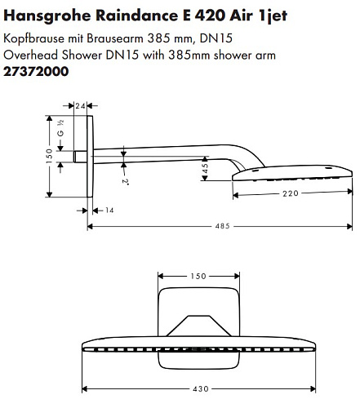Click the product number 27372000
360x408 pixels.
tap(36, 72)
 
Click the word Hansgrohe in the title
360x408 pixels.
tap(47, 16)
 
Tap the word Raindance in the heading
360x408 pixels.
tap(137, 16)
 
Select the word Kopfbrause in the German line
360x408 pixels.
tap(33, 38)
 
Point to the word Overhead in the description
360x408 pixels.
tap(31, 55)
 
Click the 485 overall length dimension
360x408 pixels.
tap(222, 226)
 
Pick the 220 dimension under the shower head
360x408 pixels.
tap(291, 193)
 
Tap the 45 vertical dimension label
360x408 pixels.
tap(205, 168)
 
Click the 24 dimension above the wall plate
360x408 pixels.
tap(80, 106)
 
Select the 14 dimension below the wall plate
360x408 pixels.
tap(109, 211)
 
